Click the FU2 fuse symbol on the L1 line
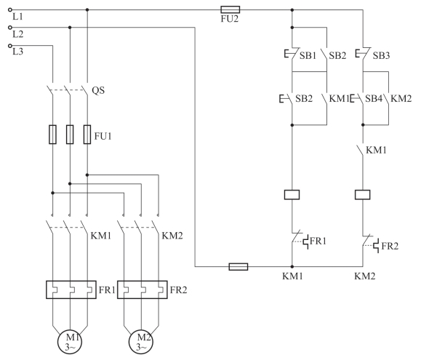pyautogui.click(x=230, y=9)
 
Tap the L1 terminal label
pyautogui.click(x=17, y=17)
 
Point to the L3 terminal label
pyautogui.click(x=17, y=52)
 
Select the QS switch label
pyautogui.click(x=98, y=90)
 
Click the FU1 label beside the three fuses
pyautogui.click(x=103, y=136)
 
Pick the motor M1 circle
pyautogui.click(x=70, y=342)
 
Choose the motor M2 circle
pyautogui.click(x=141, y=342)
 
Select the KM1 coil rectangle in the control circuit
pyautogui.click(x=292, y=195)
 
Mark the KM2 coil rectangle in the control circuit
pyautogui.click(x=363, y=195)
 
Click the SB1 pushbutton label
pyautogui.click(x=308, y=55)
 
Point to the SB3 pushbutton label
pyautogui.click(x=381, y=55)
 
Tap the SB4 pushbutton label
pyautogui.click(x=374, y=98)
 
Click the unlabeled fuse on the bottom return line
pyautogui.click(x=238, y=267)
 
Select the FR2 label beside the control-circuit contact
pyautogui.click(x=390, y=246)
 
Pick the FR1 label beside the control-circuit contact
pyautogui.click(x=318, y=241)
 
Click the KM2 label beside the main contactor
pyautogui.click(x=172, y=236)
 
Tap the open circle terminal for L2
pyautogui.click(x=10, y=27)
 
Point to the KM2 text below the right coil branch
pyautogui.click(x=365, y=276)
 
